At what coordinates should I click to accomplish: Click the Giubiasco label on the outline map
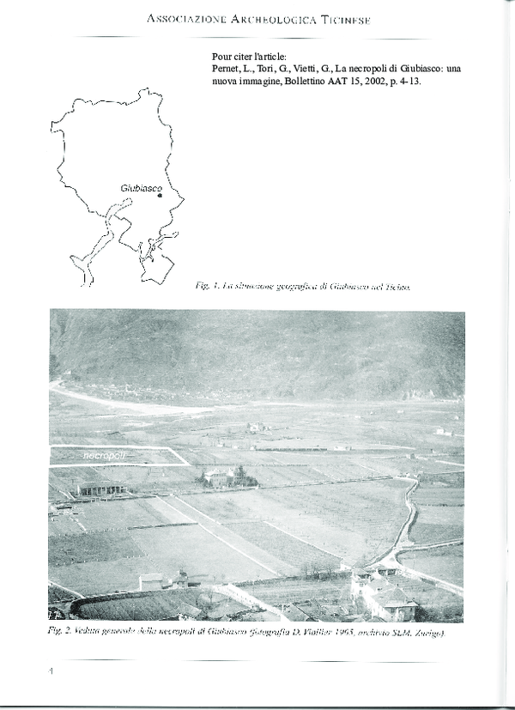click(x=141, y=186)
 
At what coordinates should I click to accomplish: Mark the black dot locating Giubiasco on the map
click(x=160, y=195)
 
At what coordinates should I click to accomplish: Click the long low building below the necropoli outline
click(x=101, y=489)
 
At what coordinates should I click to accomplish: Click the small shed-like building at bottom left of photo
click(x=151, y=581)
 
